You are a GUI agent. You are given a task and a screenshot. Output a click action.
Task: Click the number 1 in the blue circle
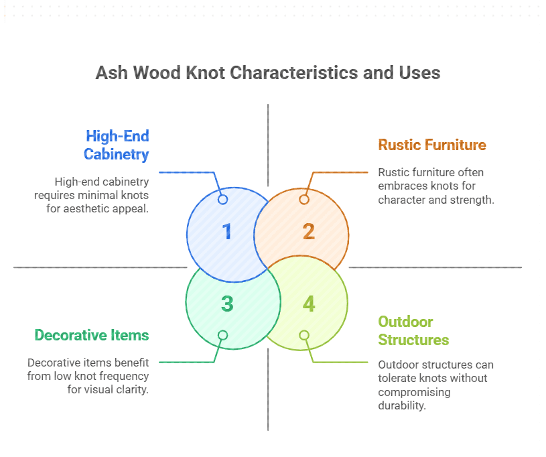(227, 232)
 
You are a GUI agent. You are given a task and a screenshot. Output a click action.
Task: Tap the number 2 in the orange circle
(308, 232)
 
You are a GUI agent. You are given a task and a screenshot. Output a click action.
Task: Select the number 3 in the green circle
(227, 304)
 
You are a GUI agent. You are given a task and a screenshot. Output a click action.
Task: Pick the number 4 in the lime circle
(308, 304)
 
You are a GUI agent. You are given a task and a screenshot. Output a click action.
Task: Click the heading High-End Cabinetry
(116, 145)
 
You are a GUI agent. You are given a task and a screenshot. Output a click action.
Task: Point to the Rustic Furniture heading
(432, 145)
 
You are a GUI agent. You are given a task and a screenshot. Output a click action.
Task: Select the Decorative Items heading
(92, 335)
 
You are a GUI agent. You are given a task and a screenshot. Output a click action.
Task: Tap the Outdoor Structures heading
(413, 330)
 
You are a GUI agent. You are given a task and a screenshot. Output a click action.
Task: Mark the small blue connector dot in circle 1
(223, 199)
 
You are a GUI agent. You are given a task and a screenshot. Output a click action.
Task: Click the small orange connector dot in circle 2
(304, 199)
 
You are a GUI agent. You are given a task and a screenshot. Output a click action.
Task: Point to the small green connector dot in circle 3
(223, 335)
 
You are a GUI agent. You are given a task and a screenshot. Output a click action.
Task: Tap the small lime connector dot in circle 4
(304, 335)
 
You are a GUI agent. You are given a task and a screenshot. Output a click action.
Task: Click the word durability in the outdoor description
(402, 405)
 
